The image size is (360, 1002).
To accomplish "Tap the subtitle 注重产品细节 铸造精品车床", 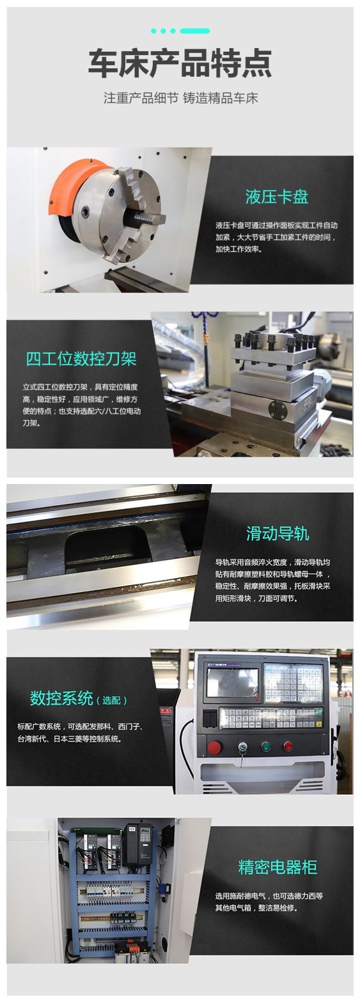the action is coord(180,98).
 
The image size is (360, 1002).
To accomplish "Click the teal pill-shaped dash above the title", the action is coord(194,31).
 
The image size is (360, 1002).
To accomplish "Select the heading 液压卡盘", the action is coord(277,197).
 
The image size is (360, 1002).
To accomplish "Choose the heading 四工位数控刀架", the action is coord(81,359).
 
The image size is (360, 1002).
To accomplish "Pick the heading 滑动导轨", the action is coord(278,534).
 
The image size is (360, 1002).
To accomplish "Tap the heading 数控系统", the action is coord(61,698).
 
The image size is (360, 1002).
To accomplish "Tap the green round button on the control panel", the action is coord(265,746).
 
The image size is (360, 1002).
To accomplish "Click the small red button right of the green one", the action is coord(288,746).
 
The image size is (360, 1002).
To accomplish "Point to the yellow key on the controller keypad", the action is coord(319,711).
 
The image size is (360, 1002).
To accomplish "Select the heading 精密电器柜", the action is coord(278,867).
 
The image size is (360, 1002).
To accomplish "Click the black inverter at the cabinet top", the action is coord(138,843).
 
